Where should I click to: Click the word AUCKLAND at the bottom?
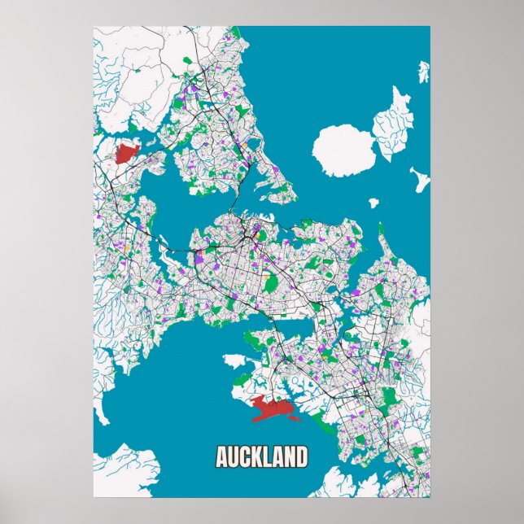pyautogui.click(x=262, y=456)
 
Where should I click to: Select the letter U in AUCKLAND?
pyautogui.click(x=234, y=456)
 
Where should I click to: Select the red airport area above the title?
pyautogui.click(x=273, y=408)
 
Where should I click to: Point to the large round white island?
pyautogui.click(x=343, y=150)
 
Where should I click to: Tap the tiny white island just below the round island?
pyautogui.click(x=374, y=203)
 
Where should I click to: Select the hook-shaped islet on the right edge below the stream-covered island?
pyautogui.click(x=421, y=178)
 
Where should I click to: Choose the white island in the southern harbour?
pyautogui.click(x=234, y=359)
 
